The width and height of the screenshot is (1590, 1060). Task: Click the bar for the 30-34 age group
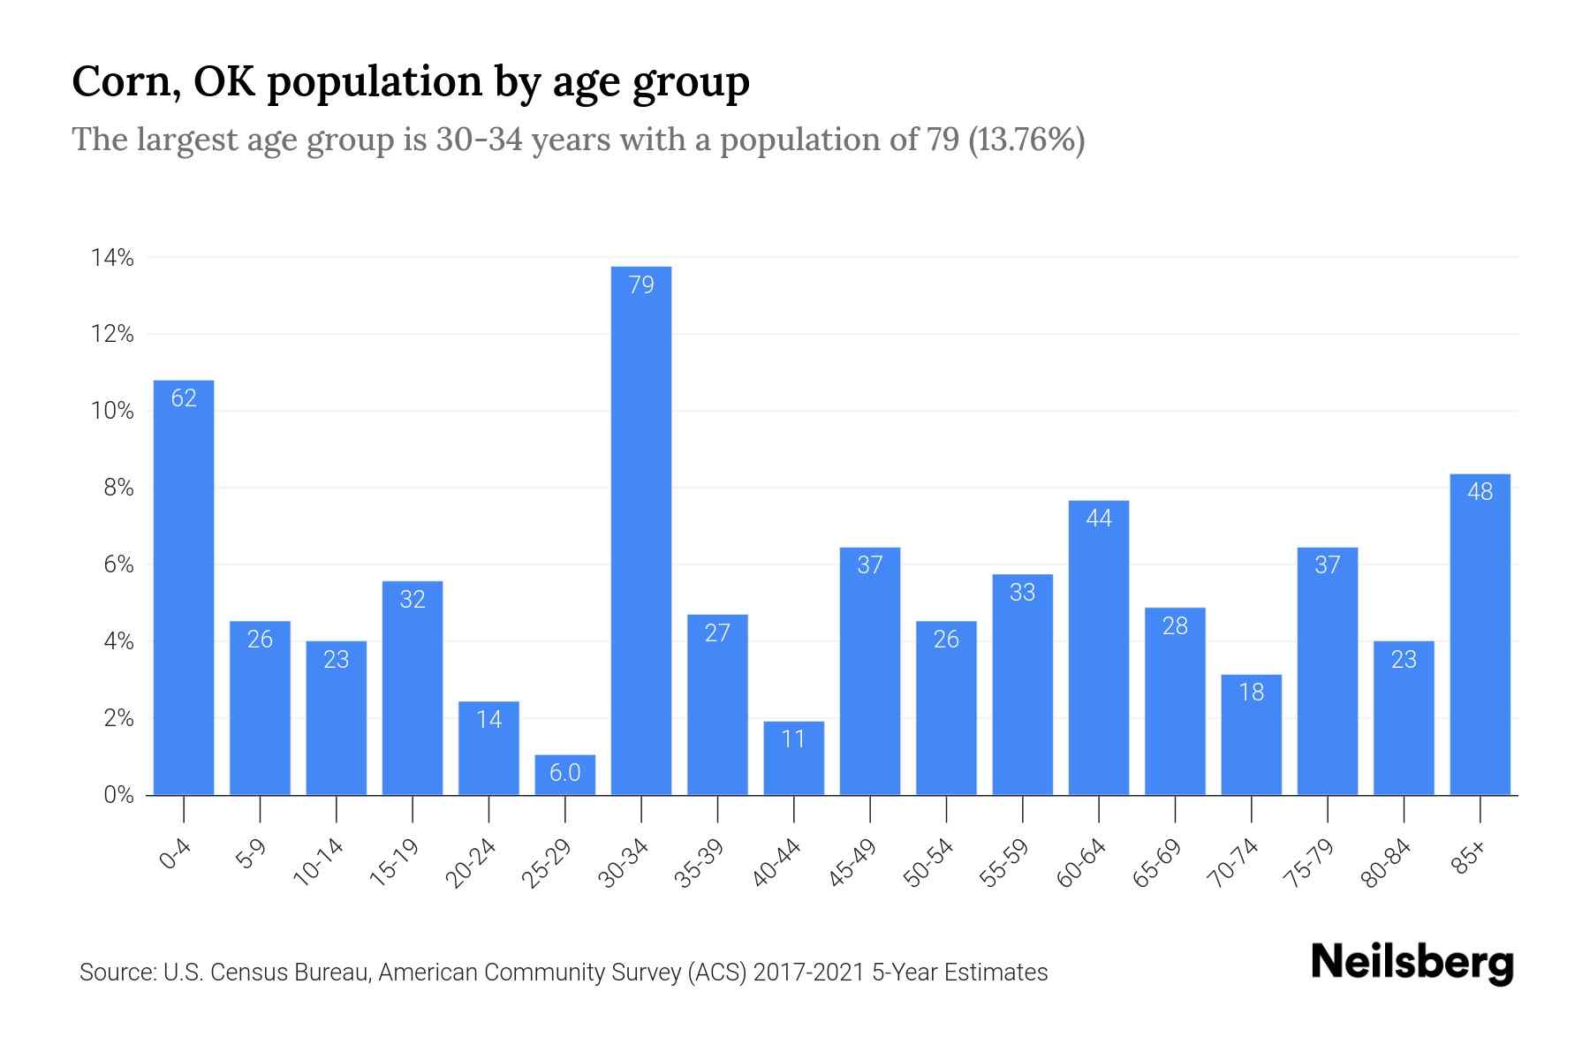pyautogui.click(x=641, y=530)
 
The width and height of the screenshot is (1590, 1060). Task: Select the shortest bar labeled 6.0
pyautogui.click(x=565, y=775)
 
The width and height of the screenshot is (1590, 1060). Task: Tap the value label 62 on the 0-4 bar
pyautogui.click(x=184, y=398)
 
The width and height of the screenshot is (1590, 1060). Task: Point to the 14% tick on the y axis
pyautogui.click(x=112, y=258)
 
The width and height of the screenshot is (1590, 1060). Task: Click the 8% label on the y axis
pyautogui.click(x=118, y=488)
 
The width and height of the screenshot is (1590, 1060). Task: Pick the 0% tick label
pyautogui.click(x=118, y=795)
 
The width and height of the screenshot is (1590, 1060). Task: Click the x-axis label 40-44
pyautogui.click(x=777, y=863)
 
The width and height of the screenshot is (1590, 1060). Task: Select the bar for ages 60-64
pyautogui.click(x=1099, y=647)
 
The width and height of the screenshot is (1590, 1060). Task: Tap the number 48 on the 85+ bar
pyautogui.click(x=1480, y=492)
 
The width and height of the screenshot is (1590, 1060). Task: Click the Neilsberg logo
pyautogui.click(x=1412, y=963)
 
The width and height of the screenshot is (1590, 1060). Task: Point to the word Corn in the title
pyautogui.click(x=122, y=81)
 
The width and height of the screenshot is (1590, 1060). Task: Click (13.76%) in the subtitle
pyautogui.click(x=1026, y=140)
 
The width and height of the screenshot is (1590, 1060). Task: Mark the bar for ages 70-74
pyautogui.click(x=1252, y=735)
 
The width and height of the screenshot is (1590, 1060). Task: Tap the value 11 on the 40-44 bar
pyautogui.click(x=794, y=738)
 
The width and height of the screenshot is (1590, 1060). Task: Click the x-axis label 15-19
pyautogui.click(x=395, y=863)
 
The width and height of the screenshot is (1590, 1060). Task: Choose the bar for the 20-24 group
pyautogui.click(x=488, y=748)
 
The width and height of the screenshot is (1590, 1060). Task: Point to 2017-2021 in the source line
pyautogui.click(x=808, y=973)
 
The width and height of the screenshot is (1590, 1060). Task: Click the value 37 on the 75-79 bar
pyautogui.click(x=1328, y=565)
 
